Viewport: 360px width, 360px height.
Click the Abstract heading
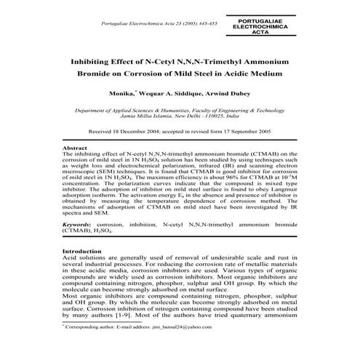[75, 148]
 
